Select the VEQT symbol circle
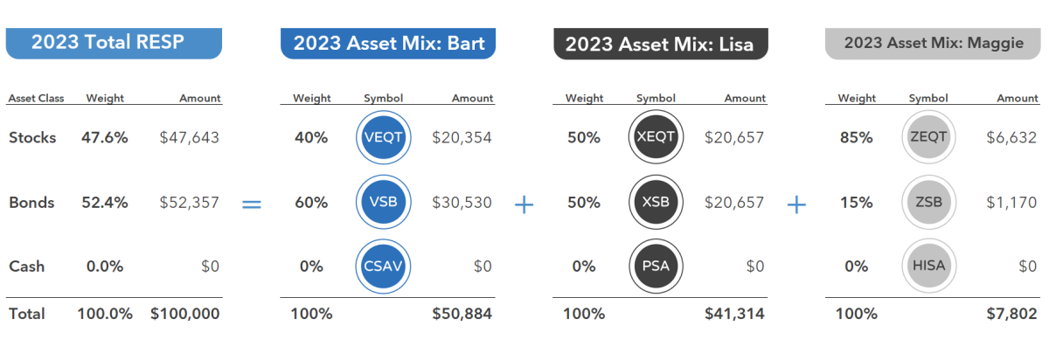385,137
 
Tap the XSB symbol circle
656,202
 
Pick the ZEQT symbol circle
927,137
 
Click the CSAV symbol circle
385,266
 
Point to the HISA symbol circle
927,266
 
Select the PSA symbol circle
656,266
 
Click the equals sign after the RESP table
252,204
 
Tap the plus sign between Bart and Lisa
524,204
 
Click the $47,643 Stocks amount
189,137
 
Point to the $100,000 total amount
185,314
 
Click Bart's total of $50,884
462,314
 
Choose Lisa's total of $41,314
734,314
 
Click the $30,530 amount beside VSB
462,202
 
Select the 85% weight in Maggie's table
856,137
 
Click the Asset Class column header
34,99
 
